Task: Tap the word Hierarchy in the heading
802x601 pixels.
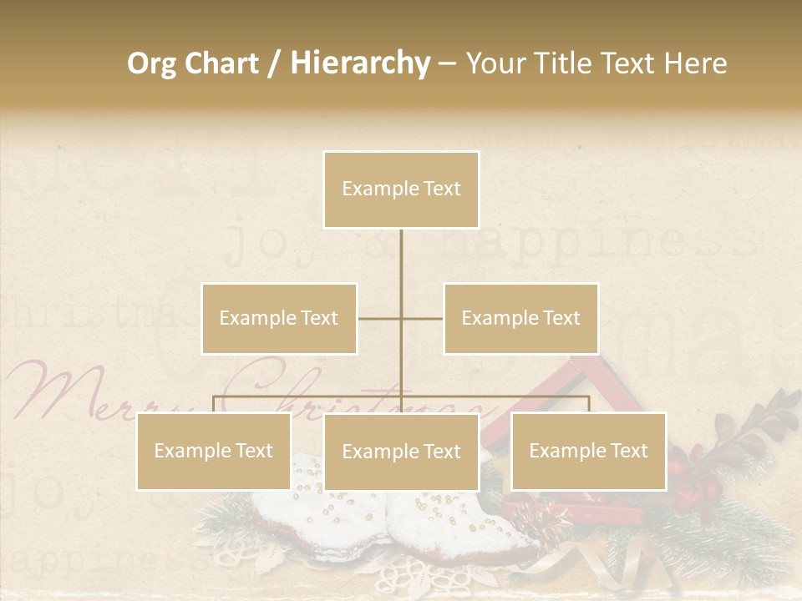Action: point(359,63)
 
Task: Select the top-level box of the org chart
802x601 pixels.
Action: point(401,189)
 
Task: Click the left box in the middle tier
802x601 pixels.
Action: point(279,318)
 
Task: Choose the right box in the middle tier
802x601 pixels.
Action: point(520,318)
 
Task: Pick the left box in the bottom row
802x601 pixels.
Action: point(214,451)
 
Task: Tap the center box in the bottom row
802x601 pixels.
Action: point(401,452)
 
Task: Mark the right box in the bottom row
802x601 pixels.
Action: point(588,451)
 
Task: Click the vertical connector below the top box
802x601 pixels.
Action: point(401,267)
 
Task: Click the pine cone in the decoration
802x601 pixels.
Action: point(539,522)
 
